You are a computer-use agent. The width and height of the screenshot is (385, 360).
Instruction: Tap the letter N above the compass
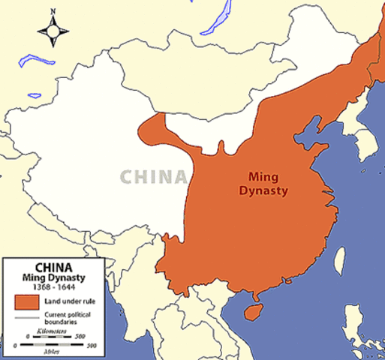tap(53, 11)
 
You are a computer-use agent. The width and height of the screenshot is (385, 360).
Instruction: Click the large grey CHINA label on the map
tap(153, 177)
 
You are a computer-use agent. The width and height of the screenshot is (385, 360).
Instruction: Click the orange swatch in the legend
tap(26, 302)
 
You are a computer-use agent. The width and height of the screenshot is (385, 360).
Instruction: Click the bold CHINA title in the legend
tap(54, 265)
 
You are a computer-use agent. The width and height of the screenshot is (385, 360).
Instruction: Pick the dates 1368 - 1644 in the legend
tap(54, 286)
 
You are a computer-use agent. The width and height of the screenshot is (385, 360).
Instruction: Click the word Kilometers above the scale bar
tap(54, 331)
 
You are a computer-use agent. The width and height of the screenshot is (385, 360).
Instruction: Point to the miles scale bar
tap(54, 343)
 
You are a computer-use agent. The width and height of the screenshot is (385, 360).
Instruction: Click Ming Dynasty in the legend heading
tap(54, 277)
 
